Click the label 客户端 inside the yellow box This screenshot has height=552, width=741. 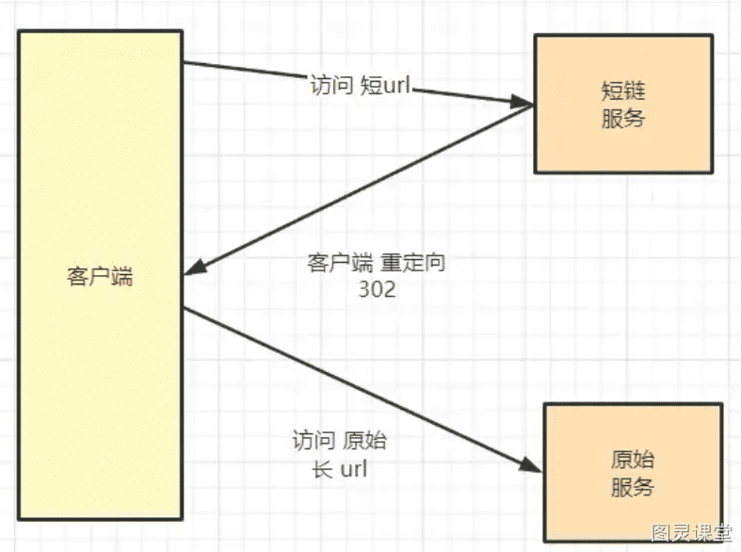(100, 276)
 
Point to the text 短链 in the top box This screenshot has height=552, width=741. (623, 90)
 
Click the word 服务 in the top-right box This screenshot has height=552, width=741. (623, 118)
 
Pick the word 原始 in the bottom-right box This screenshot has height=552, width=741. (633, 460)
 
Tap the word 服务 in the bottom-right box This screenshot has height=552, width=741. (633, 487)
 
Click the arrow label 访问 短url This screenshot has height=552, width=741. (360, 86)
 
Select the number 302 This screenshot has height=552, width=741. (378, 289)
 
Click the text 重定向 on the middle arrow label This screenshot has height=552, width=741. (412, 263)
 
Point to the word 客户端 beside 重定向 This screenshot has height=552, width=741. (340, 263)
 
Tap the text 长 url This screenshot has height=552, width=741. (339, 469)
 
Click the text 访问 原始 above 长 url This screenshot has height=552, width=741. (339, 441)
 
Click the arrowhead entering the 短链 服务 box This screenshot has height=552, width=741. (523, 102)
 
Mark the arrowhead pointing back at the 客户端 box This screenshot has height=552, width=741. (195, 268)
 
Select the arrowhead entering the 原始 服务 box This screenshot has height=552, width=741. (530, 465)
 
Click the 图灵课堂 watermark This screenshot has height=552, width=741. (691, 533)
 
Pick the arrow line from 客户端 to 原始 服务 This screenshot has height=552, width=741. (362, 390)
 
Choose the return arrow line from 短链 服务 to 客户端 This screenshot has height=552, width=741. (359, 190)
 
